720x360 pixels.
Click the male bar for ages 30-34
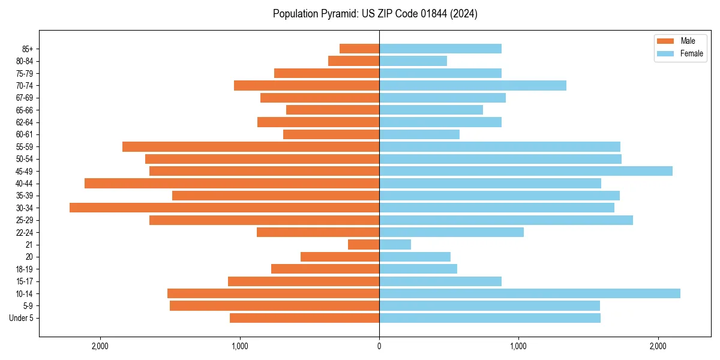click(x=224, y=208)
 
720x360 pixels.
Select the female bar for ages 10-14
click(x=529, y=293)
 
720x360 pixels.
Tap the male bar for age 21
click(x=364, y=245)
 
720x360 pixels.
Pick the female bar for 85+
click(x=440, y=49)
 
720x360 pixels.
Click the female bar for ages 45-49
click(x=526, y=171)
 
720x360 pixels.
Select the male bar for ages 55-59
click(x=251, y=146)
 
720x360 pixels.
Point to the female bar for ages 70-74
click(x=472, y=85)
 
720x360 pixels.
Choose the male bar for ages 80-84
click(x=353, y=61)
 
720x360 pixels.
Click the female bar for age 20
click(x=415, y=257)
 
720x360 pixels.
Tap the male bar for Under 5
click(x=304, y=318)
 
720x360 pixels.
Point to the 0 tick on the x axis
click(x=379, y=346)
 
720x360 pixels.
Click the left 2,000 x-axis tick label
click(x=100, y=346)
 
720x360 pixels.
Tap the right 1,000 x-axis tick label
click(x=518, y=346)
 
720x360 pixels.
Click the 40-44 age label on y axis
click(x=25, y=184)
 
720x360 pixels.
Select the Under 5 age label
click(x=21, y=318)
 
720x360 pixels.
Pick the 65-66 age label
click(x=25, y=110)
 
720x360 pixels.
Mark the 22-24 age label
click(x=25, y=232)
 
